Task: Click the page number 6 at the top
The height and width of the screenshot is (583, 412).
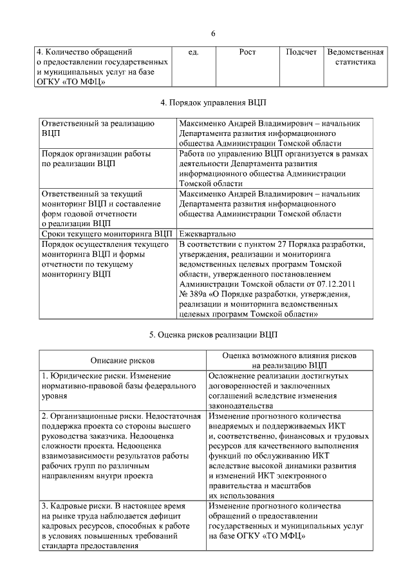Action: (213, 33)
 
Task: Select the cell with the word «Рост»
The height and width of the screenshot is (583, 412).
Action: (248, 52)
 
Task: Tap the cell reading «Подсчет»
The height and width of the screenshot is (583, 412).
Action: (301, 52)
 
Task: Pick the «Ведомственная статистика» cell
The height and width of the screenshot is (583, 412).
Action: (355, 57)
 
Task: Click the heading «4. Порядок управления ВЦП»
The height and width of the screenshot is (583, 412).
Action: (213, 102)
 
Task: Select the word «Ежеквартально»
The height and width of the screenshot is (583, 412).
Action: (207, 234)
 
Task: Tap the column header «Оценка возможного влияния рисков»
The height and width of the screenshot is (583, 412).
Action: (289, 356)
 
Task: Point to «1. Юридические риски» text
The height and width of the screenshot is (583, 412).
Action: (86, 376)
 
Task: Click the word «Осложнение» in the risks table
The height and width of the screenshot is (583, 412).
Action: (232, 376)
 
